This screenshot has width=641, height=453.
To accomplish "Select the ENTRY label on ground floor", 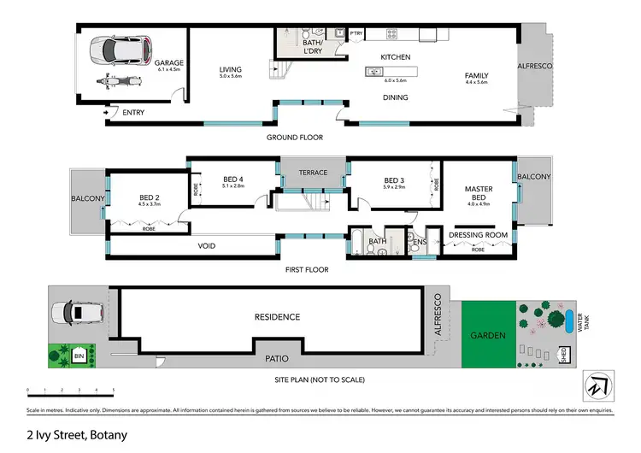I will [133, 112].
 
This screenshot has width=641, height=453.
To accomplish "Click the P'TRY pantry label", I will [356, 34].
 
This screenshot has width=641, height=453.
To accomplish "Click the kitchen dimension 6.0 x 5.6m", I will [396, 80].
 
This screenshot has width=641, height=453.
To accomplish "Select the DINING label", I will [395, 97].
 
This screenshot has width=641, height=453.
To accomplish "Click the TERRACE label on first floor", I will [312, 173].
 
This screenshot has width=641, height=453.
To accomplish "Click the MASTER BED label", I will [478, 193].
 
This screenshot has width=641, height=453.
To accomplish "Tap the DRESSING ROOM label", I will [478, 234].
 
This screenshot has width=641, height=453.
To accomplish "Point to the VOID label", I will [206, 246].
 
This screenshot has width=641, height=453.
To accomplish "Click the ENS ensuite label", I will [419, 243].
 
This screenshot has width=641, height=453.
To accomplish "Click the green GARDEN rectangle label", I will [487, 336].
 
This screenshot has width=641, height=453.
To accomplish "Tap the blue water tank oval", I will [569, 321].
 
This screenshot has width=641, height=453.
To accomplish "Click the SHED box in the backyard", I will [563, 353].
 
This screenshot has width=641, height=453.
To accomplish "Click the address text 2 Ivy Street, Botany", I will [77, 435].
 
